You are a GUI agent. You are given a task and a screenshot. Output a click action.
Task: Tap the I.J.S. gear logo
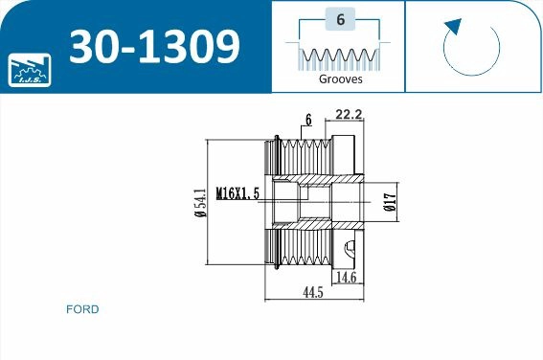click(28, 69)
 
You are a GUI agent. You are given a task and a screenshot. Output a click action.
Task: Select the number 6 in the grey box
click(339, 19)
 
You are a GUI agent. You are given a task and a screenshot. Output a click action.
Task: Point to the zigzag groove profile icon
click(339, 57)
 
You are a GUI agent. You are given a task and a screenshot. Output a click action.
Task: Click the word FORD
click(82, 309)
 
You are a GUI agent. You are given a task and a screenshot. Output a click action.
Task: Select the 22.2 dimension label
click(349, 116)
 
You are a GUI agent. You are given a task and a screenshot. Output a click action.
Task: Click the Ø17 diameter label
click(390, 202)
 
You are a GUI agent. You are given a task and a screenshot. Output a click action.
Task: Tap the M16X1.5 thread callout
click(238, 192)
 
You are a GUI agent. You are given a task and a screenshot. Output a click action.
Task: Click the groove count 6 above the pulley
click(308, 119)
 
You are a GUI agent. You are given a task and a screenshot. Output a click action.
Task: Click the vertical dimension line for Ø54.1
click(209, 203)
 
